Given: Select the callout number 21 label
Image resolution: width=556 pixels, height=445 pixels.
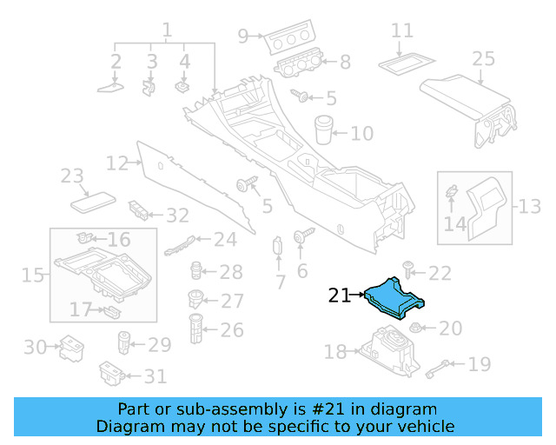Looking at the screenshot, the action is [x=340, y=296].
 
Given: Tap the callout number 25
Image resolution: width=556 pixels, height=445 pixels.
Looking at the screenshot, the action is [x=483, y=58].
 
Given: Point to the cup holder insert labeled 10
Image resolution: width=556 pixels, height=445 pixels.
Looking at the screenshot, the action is [x=325, y=128].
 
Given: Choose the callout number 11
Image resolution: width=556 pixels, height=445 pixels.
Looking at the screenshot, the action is [x=401, y=31].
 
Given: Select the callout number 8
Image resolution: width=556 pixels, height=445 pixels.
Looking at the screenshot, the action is [x=345, y=62].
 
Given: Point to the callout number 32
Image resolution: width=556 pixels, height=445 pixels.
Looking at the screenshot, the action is [x=177, y=215].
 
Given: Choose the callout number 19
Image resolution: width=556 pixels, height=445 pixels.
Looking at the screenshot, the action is [x=480, y=364].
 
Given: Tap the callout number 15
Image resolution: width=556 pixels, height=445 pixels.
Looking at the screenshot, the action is [x=33, y=276].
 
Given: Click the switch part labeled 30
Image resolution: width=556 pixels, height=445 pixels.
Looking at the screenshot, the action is [x=69, y=348].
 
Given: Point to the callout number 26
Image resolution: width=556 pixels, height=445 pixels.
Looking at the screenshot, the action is [x=232, y=330].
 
